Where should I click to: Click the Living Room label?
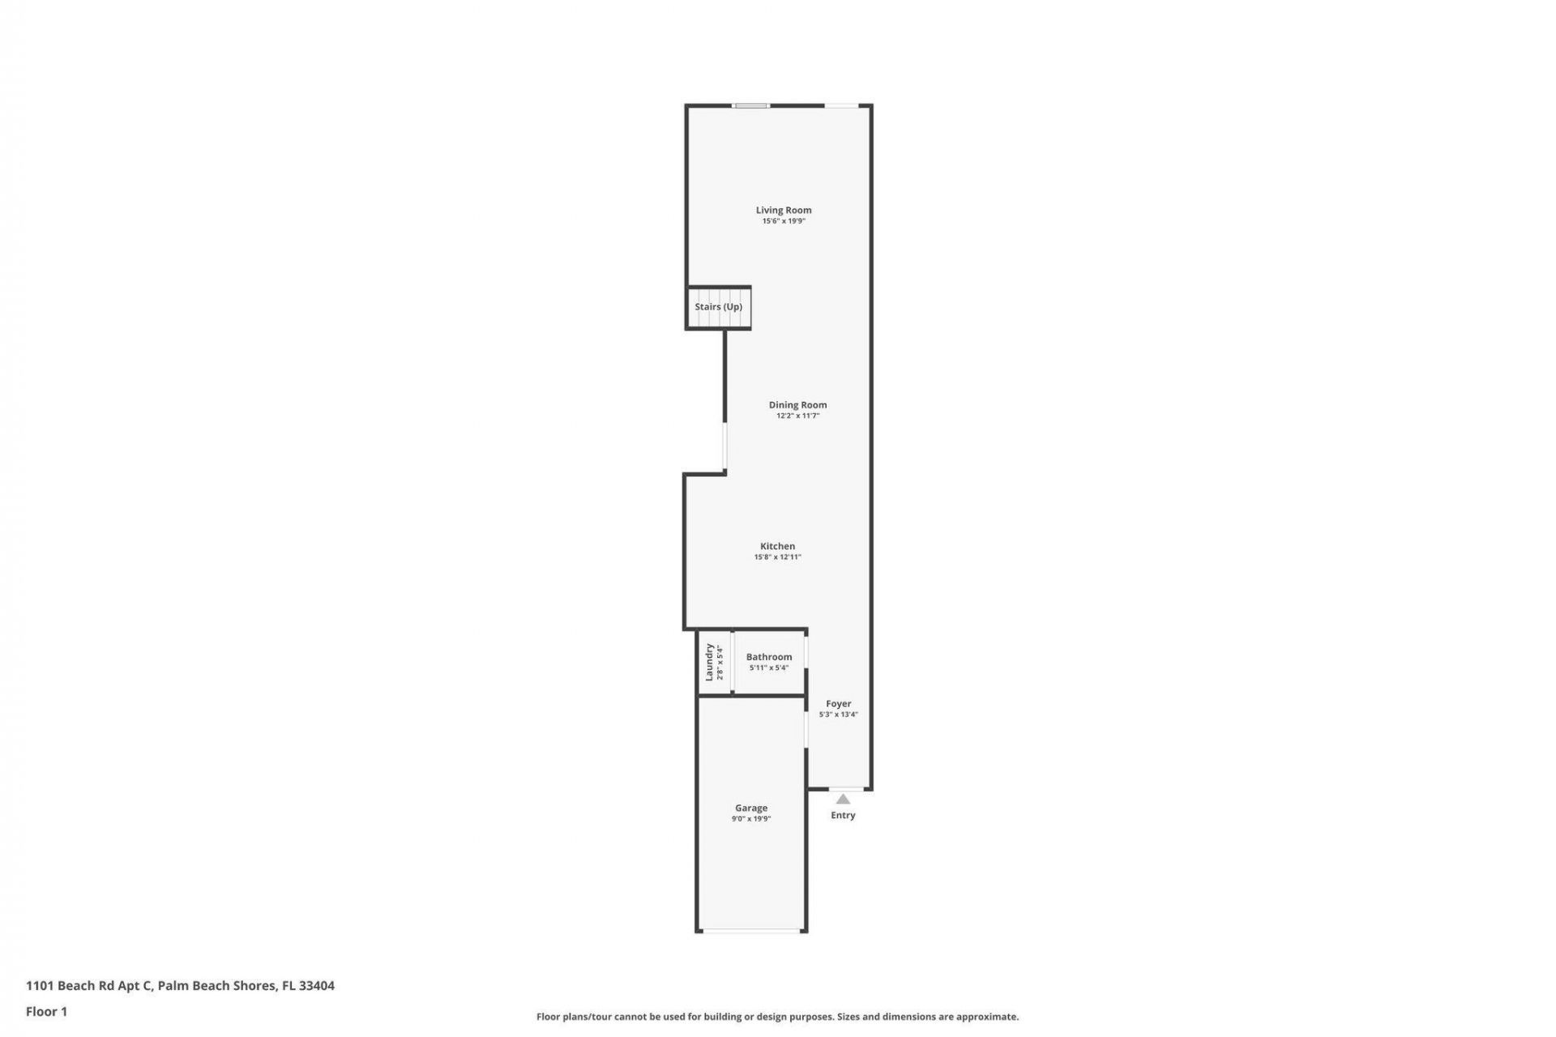[783, 210]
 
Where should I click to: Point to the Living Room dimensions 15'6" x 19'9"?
[783, 221]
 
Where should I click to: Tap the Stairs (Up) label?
[718, 307]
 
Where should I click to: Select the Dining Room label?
[797, 405]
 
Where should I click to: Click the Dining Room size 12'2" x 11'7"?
[797, 416]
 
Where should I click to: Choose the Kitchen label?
[777, 546]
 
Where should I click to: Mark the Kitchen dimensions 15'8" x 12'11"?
[777, 557]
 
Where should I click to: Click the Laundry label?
[709, 662]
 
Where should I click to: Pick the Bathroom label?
[768, 657]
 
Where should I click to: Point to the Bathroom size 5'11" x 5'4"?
[768, 668]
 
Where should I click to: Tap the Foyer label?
[838, 704]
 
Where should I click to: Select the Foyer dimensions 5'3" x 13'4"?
[838, 715]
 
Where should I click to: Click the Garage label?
[750, 808]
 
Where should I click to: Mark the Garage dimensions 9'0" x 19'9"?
[750, 819]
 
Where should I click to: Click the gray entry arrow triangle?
[843, 800]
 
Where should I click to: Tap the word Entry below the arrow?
[843, 815]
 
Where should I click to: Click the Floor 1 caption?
[46, 1011]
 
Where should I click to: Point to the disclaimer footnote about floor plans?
[777, 1017]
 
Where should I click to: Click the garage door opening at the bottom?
[751, 932]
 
